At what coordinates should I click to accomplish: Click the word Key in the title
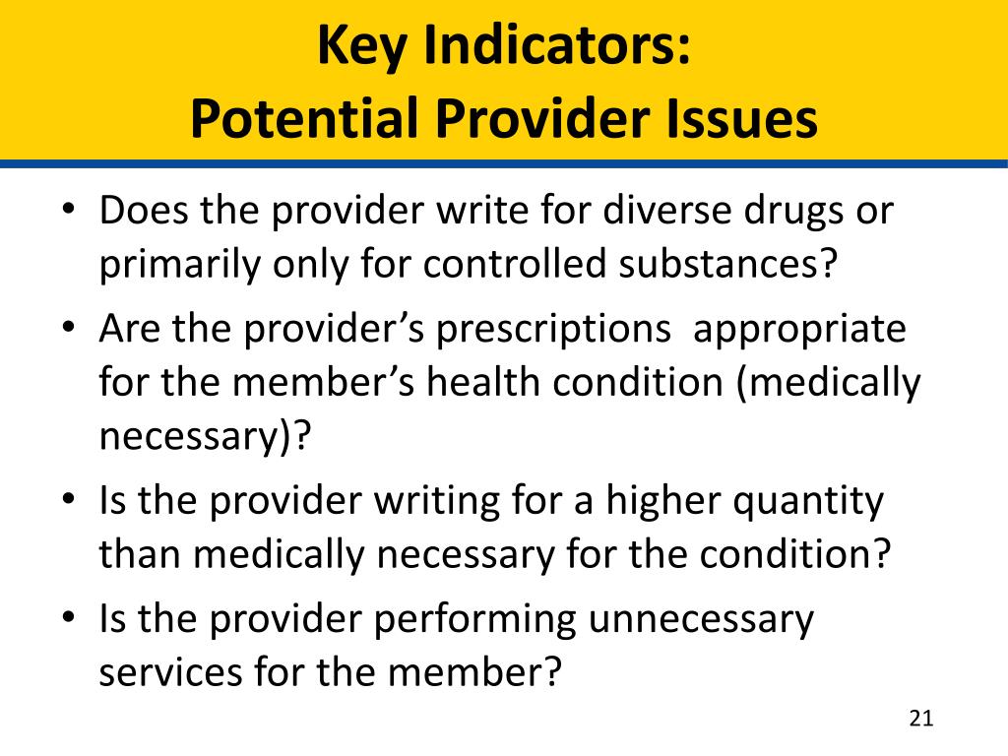point(362,46)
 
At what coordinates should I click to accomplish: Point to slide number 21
point(921,718)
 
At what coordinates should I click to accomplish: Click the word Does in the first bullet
point(144,210)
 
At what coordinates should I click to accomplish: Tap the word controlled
point(514,263)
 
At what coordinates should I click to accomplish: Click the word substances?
point(728,263)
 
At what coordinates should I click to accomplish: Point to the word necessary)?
point(205,437)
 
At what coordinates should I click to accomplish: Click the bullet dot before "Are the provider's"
point(69,327)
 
